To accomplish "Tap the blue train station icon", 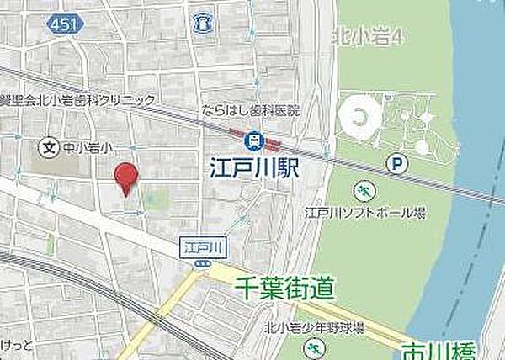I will coord(252,140).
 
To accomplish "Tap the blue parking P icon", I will coord(393,163).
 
